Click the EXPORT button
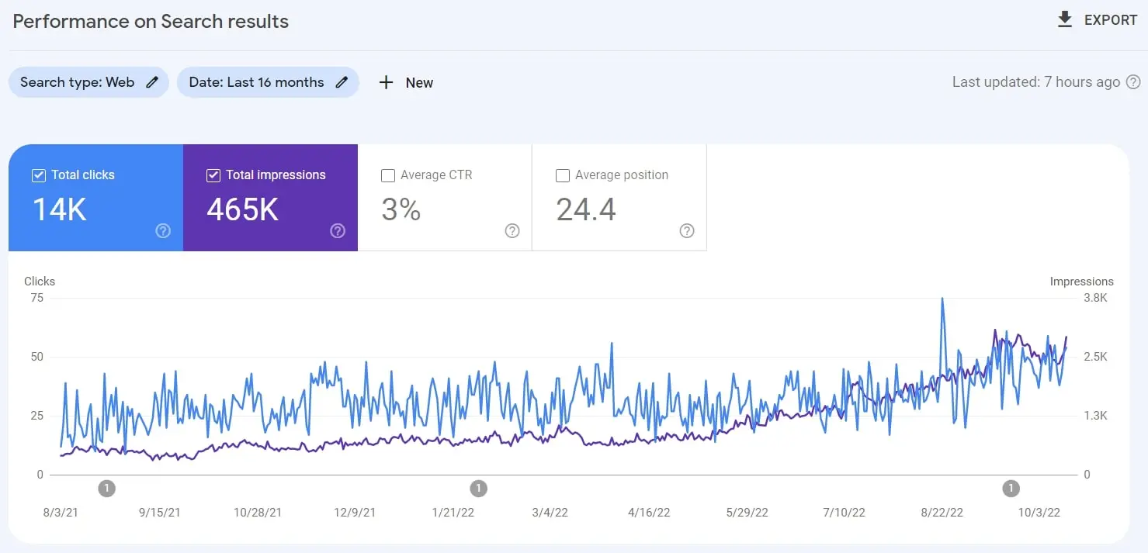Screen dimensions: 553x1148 point(1097,20)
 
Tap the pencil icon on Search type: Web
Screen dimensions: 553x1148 point(152,82)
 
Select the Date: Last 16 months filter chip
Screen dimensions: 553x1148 point(267,82)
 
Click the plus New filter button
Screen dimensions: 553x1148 point(405,82)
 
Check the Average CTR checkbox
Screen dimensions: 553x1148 point(388,175)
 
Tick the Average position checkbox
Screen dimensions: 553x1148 point(563,175)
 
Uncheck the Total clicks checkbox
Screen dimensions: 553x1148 point(39,175)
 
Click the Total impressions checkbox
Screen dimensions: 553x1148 point(213,175)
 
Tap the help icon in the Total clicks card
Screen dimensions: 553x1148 point(163,230)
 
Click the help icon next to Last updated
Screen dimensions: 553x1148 point(1133,82)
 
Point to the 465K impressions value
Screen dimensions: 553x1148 point(242,209)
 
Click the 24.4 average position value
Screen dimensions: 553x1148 point(586,209)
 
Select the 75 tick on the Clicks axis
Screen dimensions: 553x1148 point(36,298)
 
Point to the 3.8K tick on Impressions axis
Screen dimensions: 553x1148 point(1094,298)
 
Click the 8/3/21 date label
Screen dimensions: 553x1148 point(61,513)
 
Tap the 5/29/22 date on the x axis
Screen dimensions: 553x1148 point(747,513)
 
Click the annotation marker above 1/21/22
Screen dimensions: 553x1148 point(479,488)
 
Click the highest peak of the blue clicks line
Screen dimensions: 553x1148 point(942,299)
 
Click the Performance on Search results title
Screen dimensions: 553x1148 point(151,21)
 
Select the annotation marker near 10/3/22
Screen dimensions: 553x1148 point(1011,488)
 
